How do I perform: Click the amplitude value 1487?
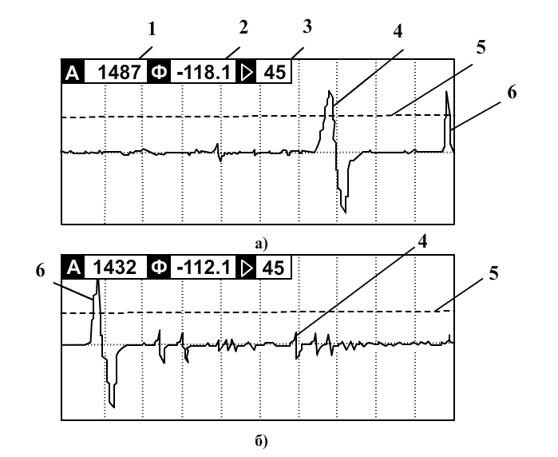coord(119,73)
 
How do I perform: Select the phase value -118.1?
coord(204,73)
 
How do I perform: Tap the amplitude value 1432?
coord(115,267)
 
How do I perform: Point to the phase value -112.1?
coord(204,267)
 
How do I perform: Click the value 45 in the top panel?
coord(275,73)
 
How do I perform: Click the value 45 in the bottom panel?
coord(273,268)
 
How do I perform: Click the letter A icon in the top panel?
coord(73,73)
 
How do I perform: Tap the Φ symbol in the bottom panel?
coord(158,267)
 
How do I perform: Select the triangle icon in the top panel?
coord(247,73)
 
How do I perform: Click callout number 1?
coord(152,29)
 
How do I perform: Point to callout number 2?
coord(243,27)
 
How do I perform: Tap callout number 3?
coord(307,26)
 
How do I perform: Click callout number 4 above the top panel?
coord(398,31)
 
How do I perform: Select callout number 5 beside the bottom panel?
coord(493,273)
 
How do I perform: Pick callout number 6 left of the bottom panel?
coord(41,271)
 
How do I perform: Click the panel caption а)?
coord(261,244)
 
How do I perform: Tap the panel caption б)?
coord(261,441)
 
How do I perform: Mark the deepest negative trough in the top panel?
coord(345,213)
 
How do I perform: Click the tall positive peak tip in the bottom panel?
coord(97,280)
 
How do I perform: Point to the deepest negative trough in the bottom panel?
coord(114,407)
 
